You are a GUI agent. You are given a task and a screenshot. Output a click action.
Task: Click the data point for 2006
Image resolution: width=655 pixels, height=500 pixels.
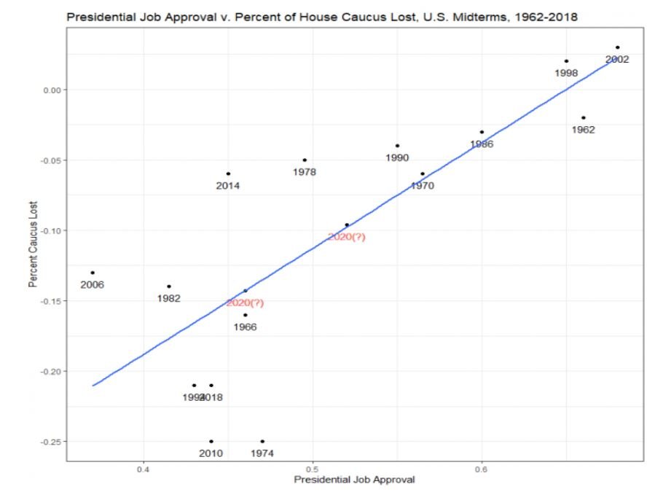click(93, 273)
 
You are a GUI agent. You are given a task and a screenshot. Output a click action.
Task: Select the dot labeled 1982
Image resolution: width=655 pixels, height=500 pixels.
click(169, 286)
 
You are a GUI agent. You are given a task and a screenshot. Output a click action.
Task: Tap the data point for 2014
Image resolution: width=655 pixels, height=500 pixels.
click(228, 173)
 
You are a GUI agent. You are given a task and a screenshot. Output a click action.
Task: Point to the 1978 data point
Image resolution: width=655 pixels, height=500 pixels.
click(304, 160)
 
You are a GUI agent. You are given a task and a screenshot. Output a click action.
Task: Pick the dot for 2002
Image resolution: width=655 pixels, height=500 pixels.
click(617, 47)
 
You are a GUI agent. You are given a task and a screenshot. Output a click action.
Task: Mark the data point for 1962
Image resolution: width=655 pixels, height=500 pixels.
click(584, 117)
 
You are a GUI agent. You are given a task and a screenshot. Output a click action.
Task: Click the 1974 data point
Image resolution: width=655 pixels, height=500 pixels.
click(262, 441)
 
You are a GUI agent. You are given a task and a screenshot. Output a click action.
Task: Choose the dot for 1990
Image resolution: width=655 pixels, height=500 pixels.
click(397, 146)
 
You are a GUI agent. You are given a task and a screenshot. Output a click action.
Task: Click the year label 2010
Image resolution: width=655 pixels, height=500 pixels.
click(211, 453)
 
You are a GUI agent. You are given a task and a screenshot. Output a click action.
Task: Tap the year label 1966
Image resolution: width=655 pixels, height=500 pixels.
click(245, 327)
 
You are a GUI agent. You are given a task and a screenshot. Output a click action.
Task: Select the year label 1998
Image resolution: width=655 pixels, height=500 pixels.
click(566, 73)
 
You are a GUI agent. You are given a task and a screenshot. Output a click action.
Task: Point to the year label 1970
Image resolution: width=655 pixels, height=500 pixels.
click(423, 186)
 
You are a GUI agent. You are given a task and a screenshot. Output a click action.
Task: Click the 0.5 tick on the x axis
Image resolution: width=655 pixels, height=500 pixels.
click(313, 467)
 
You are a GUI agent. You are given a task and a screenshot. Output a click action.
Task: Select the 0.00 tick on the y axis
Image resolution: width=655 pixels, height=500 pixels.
click(54, 90)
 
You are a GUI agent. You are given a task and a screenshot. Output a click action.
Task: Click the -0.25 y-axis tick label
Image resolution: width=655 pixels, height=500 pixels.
click(52, 442)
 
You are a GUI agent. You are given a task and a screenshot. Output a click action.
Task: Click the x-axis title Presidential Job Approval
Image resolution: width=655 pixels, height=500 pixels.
click(354, 480)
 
